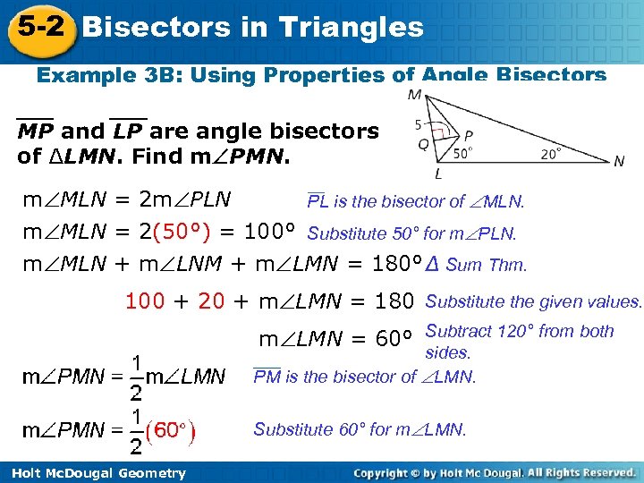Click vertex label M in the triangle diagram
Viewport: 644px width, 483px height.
point(415,95)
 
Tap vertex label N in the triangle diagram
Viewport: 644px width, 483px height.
point(619,162)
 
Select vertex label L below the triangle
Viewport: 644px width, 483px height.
point(438,174)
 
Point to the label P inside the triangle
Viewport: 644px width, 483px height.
point(469,136)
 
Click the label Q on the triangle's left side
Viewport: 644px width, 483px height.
point(422,143)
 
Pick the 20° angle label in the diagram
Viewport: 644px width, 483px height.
point(552,153)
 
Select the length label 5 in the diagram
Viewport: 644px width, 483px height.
point(419,123)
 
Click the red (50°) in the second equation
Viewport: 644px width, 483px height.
point(182,233)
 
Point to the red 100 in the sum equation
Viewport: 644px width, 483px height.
point(145,301)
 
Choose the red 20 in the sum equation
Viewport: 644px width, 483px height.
point(211,301)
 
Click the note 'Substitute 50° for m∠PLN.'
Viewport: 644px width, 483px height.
point(411,234)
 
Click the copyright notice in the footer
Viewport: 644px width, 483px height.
point(494,472)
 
